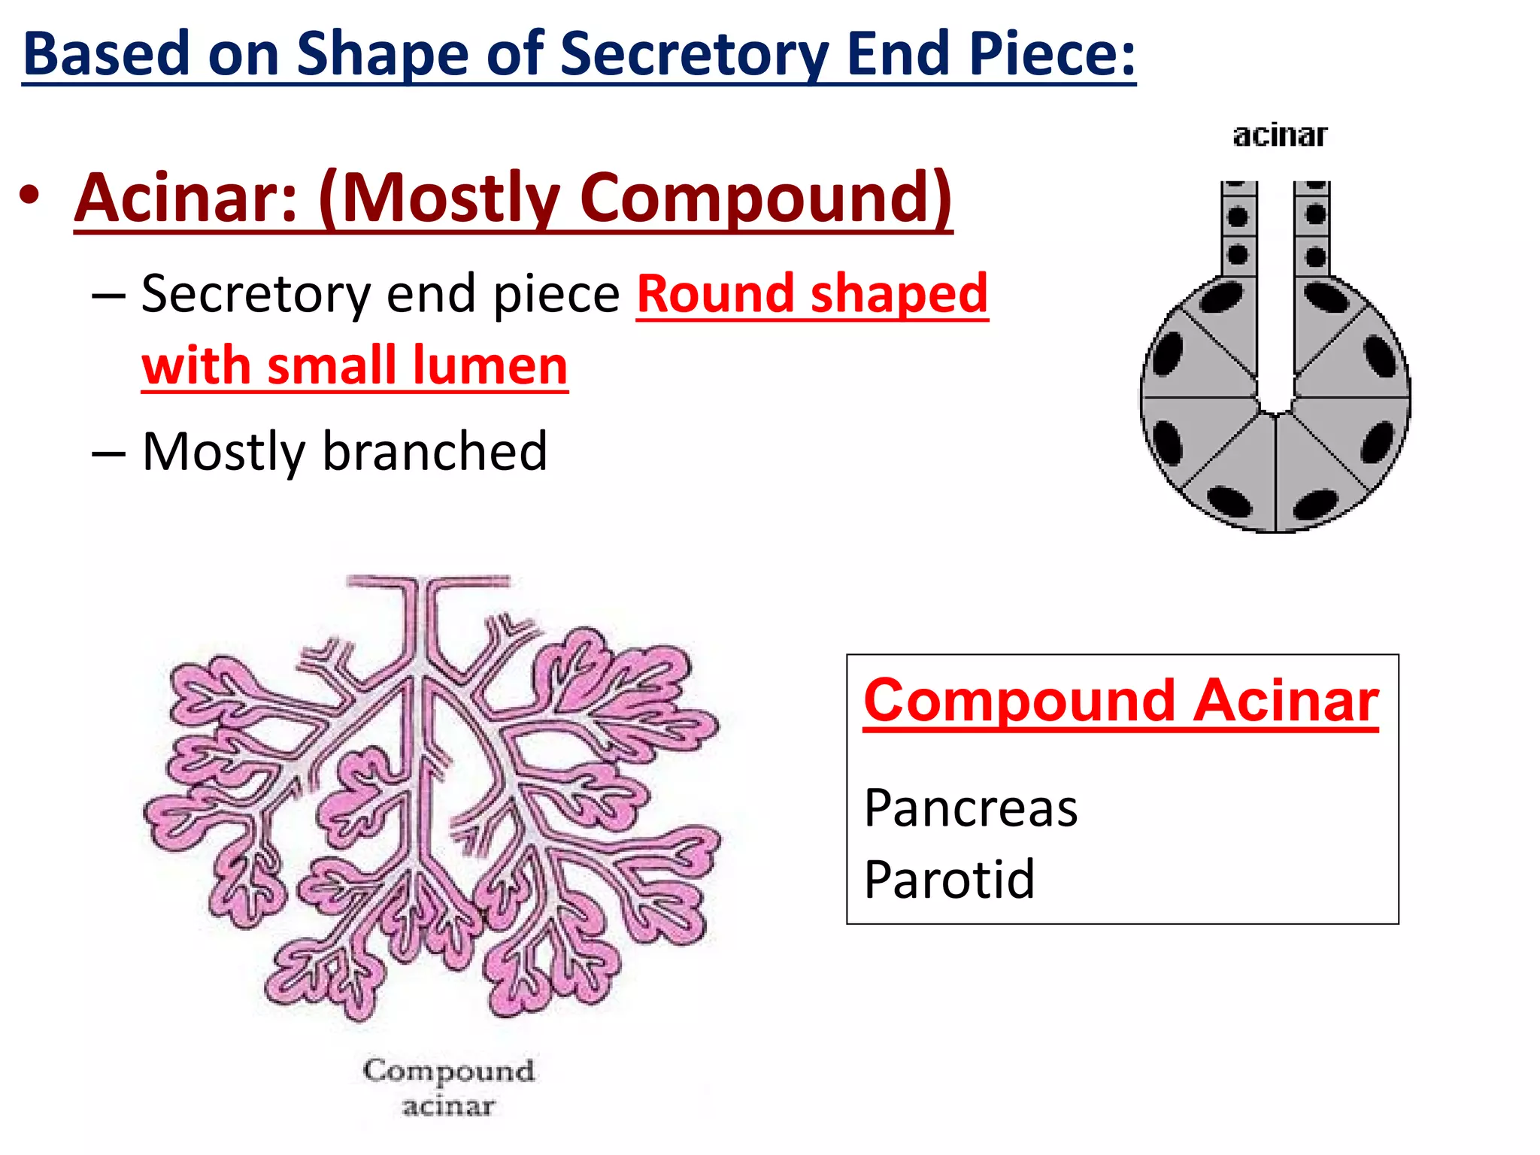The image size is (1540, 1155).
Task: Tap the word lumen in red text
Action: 489,365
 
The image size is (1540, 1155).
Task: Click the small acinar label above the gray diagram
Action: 1280,135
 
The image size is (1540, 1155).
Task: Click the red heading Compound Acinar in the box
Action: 1121,701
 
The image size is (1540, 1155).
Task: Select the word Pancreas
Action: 971,808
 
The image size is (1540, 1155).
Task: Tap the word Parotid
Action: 949,878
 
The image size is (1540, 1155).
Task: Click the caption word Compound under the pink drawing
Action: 449,1070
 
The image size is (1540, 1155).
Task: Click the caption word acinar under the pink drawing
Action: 448,1106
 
